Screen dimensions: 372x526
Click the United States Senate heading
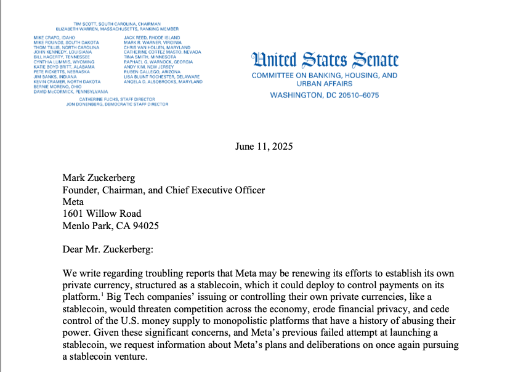(x=325, y=60)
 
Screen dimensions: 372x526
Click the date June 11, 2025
(x=264, y=147)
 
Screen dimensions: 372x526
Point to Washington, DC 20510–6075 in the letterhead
(x=325, y=95)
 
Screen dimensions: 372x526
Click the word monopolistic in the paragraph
(x=270, y=321)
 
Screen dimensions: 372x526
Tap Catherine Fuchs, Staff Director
(x=118, y=99)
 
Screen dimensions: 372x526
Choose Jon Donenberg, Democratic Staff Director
(x=116, y=105)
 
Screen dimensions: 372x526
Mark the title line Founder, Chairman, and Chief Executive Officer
(x=164, y=190)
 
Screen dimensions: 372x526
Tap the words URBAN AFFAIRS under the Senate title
(x=324, y=84)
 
